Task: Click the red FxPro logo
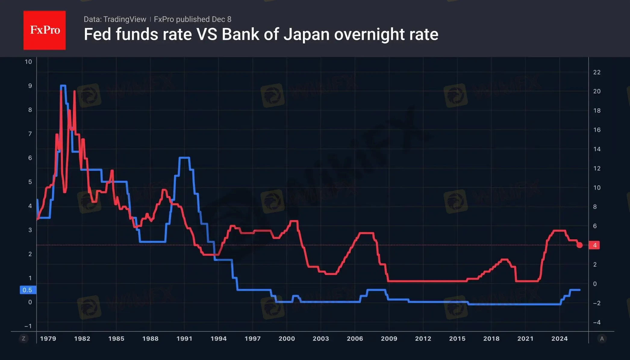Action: pos(45,30)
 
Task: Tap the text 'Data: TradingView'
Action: pos(115,19)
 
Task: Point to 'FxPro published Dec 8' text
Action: pos(192,19)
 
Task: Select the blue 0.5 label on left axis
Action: pos(27,290)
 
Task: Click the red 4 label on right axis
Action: pos(594,245)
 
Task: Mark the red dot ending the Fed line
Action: pos(579,245)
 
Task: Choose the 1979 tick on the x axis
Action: pos(48,339)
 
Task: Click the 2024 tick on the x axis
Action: pos(559,339)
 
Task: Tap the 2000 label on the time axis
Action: pos(287,339)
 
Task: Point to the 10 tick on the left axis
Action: pos(28,62)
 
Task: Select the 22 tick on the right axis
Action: pos(597,72)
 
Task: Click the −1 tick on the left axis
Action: pos(28,326)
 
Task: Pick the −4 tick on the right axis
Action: pos(596,322)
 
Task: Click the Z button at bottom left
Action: pos(23,339)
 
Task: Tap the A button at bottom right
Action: pos(602,339)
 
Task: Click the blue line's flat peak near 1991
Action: pos(184,157)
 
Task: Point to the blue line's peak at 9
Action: pos(63,86)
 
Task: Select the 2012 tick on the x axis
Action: pos(423,339)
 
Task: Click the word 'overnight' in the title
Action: pos(369,34)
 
